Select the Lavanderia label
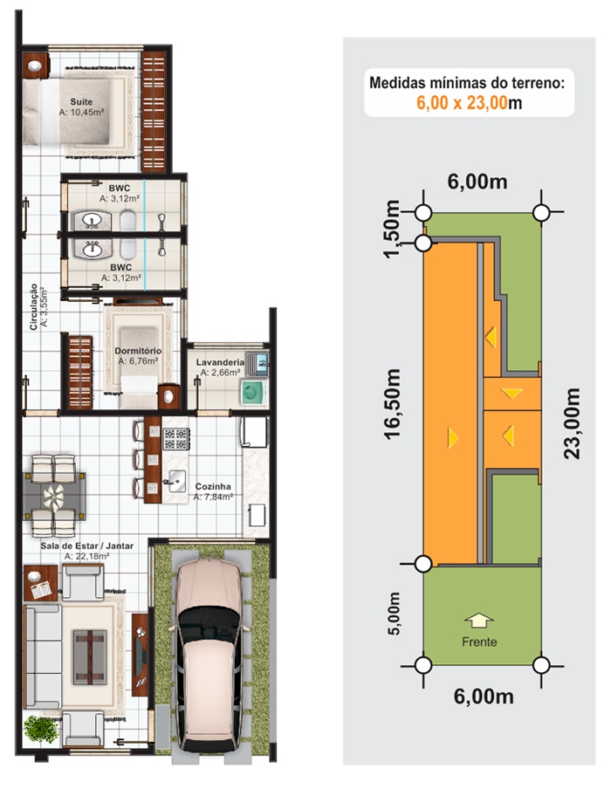click(x=219, y=361)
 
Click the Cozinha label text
click(x=213, y=487)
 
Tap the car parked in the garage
click(x=207, y=651)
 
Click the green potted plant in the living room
click(x=39, y=728)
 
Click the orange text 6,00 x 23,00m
click(x=470, y=103)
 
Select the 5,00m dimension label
click(x=394, y=614)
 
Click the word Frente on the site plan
click(x=479, y=641)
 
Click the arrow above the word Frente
click(x=479, y=620)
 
